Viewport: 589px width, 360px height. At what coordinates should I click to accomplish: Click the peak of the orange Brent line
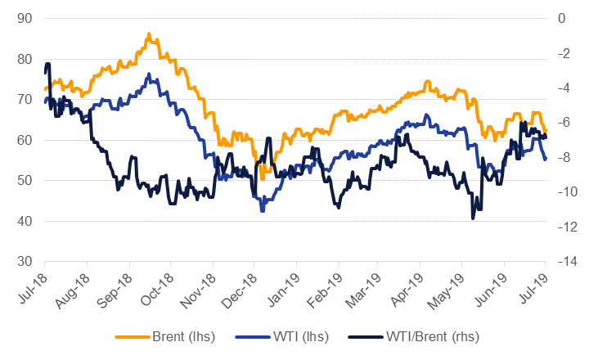click(148, 34)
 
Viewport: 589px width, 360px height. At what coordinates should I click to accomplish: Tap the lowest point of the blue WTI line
click(263, 210)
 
